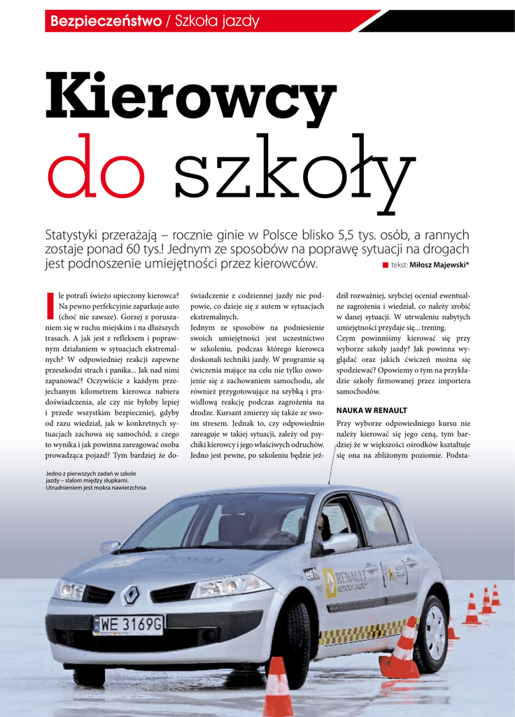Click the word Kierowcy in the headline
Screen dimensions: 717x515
[x=190, y=99]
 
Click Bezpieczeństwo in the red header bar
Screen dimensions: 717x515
[x=106, y=22]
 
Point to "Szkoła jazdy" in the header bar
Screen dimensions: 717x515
[x=217, y=22]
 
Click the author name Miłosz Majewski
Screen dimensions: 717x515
[x=439, y=265]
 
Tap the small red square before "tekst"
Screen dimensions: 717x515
[x=385, y=265]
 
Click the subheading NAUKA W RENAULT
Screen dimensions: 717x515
[x=372, y=410]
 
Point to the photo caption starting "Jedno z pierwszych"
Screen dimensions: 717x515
[x=96, y=480]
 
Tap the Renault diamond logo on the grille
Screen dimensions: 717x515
[x=131, y=595]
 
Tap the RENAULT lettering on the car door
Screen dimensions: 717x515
[x=351, y=576]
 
